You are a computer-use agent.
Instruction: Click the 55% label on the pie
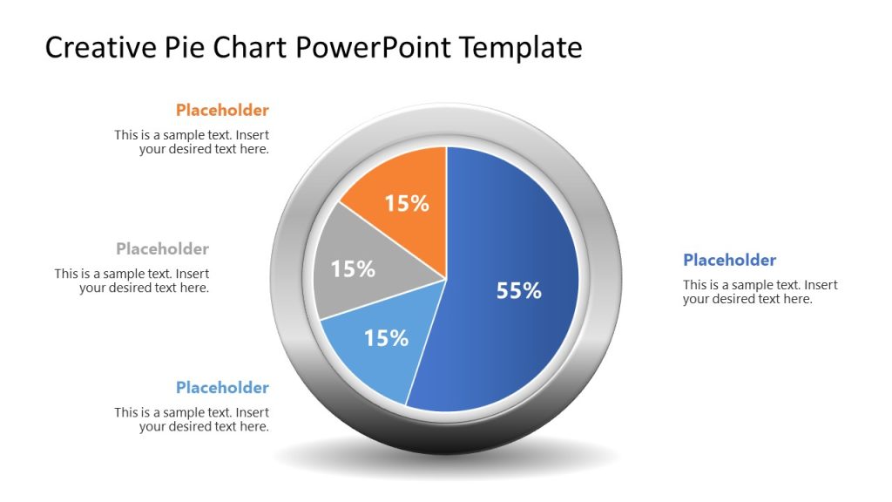(x=519, y=291)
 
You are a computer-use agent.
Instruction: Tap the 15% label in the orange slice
(x=407, y=204)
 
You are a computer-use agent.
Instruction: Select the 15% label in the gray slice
(x=353, y=269)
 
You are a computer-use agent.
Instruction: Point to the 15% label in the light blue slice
(x=386, y=338)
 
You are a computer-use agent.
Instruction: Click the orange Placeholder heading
(x=222, y=110)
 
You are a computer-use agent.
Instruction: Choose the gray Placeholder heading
(x=162, y=248)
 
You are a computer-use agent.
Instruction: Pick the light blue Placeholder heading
(x=222, y=387)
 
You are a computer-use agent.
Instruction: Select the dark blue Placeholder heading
(x=729, y=260)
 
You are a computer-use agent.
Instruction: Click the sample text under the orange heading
(x=192, y=142)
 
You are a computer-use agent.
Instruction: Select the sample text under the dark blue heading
(x=760, y=292)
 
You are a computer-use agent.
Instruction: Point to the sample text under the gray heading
(x=132, y=281)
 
